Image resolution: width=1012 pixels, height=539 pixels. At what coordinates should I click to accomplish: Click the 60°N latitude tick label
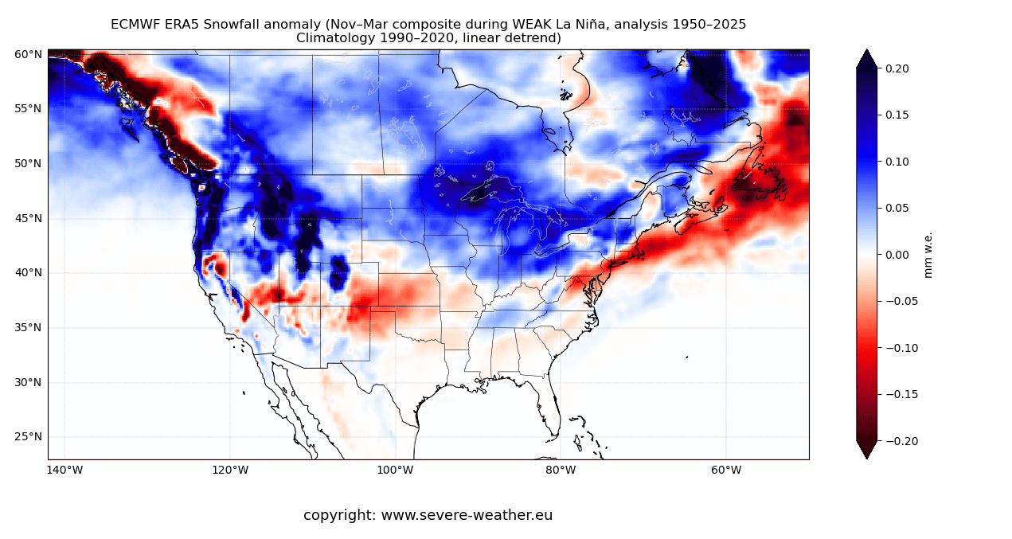pos(28,54)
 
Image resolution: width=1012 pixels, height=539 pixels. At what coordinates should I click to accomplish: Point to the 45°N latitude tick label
pos(28,218)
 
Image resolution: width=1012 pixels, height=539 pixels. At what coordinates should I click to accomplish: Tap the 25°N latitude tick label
pos(28,436)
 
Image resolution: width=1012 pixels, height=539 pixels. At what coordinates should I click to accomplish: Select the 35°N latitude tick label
pos(28,327)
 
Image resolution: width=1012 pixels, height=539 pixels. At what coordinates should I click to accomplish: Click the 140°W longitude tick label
pos(64,470)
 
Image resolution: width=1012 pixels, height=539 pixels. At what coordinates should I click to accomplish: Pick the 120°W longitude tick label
pos(230,470)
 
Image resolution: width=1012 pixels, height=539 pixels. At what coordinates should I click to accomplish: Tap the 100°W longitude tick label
pos(395,470)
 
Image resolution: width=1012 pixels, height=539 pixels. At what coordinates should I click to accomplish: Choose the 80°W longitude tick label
pos(561,470)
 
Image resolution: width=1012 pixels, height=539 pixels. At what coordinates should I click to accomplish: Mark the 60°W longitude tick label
pos(726,470)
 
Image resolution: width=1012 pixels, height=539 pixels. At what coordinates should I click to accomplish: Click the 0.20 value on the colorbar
pos(897,68)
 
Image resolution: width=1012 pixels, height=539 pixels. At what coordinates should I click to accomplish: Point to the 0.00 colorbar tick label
pos(897,255)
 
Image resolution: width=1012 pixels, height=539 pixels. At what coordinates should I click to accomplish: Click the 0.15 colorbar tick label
pos(897,115)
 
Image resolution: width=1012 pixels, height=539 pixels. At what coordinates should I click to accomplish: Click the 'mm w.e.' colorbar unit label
pos(928,255)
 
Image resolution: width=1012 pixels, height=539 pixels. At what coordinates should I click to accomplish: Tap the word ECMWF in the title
pos(137,25)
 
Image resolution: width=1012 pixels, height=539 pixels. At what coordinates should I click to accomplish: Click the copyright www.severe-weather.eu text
pos(428,515)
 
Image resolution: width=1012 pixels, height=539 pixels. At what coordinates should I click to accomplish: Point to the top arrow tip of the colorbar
pos(866,50)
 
